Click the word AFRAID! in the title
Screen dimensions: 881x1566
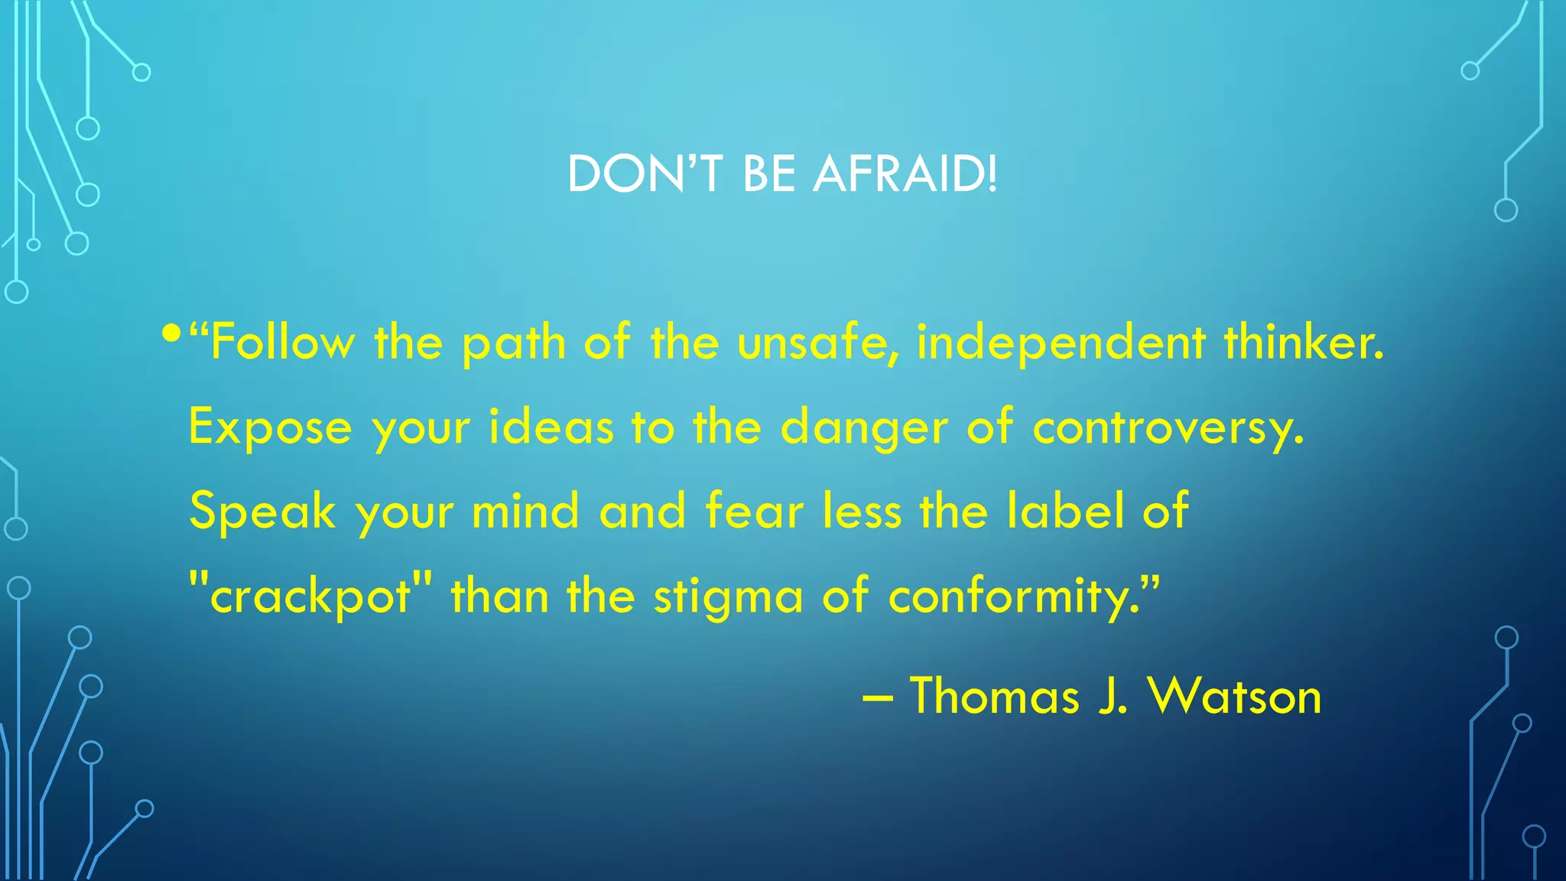pos(905,174)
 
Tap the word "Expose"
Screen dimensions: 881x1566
pos(270,427)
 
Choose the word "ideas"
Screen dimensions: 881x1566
pos(551,427)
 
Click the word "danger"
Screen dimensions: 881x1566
pos(863,427)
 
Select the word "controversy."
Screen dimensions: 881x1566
pos(1168,427)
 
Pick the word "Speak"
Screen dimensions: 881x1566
pos(262,511)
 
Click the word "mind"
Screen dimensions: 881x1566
pos(525,511)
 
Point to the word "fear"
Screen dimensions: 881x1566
pos(754,511)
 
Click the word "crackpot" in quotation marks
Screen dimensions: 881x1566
pos(310,596)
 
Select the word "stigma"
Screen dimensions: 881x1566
pos(728,596)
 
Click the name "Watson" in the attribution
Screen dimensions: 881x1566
pos(1234,696)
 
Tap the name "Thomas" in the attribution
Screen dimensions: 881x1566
pos(994,696)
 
